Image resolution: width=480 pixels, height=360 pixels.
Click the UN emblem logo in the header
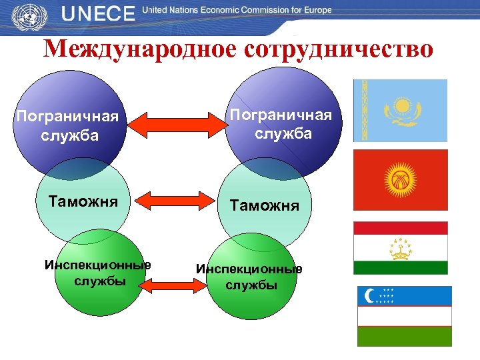point(27,15)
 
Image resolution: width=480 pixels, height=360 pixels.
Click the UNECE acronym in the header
point(99,14)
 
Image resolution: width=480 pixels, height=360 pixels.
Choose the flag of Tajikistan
point(400,248)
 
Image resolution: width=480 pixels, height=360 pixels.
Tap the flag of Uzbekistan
point(405,316)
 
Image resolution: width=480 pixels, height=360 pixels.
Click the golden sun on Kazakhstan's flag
point(402,106)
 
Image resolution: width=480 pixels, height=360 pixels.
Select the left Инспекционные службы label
point(97,273)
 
